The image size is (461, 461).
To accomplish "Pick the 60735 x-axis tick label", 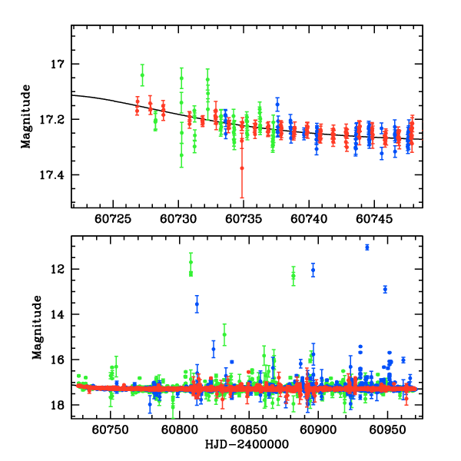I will click(244, 218).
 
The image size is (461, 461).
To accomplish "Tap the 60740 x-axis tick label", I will click(308, 218).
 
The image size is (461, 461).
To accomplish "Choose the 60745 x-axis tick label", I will click(373, 218).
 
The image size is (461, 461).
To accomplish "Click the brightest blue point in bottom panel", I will click(367, 247).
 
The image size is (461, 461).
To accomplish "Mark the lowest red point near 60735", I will click(242, 167).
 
